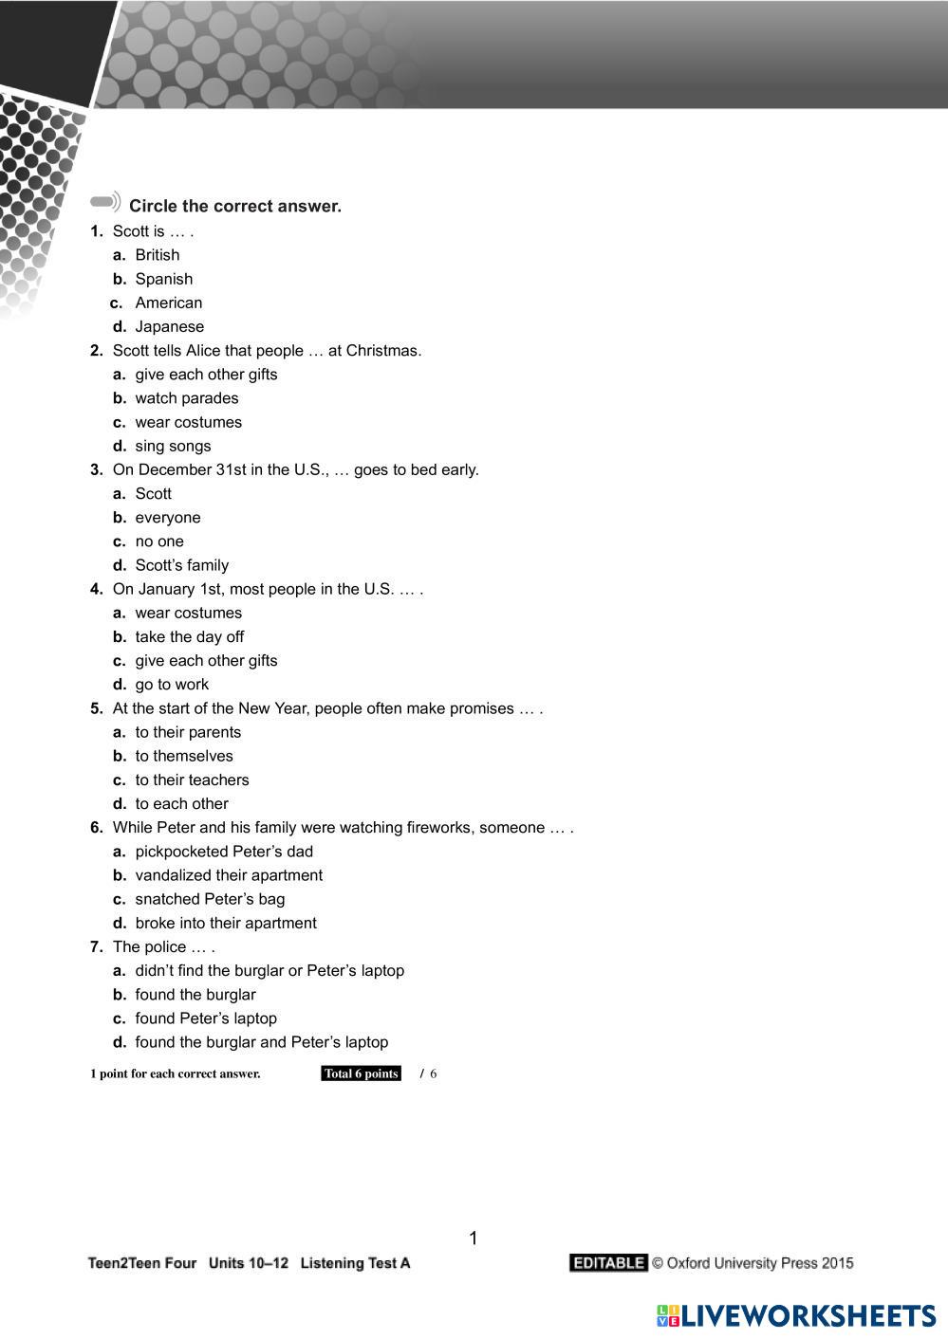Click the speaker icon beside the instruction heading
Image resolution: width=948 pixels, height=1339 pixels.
106,202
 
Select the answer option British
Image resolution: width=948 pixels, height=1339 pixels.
157,255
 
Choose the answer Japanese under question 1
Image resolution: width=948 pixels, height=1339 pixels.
169,326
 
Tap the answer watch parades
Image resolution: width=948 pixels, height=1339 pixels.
186,398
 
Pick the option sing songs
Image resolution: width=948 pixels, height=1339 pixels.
173,446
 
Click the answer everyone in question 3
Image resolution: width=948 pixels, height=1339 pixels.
167,518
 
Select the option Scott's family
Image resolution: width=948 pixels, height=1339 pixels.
181,565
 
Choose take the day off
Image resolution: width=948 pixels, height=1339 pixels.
189,636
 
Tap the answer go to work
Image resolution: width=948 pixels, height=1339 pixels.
172,685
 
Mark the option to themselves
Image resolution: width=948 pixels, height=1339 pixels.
183,756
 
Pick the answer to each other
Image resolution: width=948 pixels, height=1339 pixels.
181,803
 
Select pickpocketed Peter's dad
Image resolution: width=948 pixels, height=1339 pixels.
223,852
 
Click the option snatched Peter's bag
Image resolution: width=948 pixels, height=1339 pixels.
210,899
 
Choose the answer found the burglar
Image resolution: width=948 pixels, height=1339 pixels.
195,995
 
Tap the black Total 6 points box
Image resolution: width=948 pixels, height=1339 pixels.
361,1073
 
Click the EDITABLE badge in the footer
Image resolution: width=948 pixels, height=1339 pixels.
608,1263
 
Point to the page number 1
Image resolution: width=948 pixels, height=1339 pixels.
474,1238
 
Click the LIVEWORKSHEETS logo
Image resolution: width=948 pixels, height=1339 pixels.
796,1315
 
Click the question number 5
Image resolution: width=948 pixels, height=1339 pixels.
96,708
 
